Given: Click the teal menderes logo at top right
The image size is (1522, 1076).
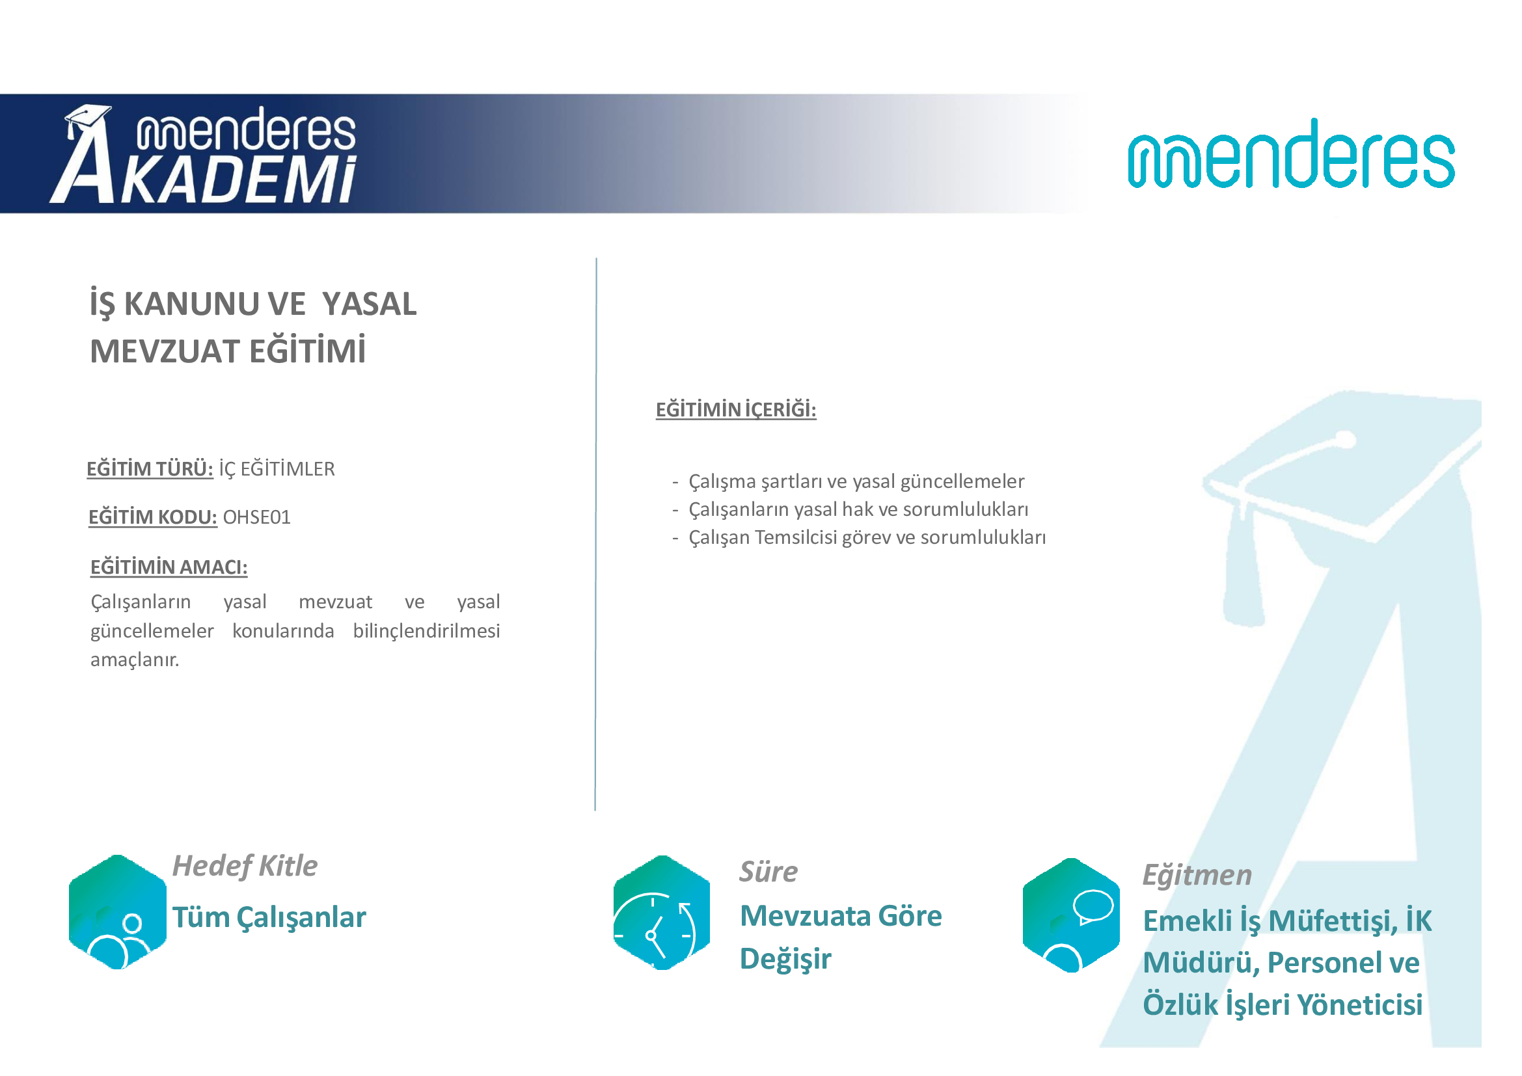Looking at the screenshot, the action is click(1290, 153).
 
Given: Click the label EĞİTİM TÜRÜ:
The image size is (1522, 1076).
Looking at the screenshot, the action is click(150, 468).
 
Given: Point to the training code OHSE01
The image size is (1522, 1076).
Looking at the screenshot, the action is click(256, 517).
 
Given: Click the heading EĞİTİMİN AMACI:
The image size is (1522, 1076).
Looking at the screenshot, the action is click(169, 567).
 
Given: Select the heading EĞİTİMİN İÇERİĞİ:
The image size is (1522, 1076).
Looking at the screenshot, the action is click(736, 409).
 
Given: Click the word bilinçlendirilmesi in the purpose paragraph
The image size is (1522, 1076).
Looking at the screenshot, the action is click(426, 631).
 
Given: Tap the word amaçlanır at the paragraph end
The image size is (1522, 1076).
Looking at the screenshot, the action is click(135, 660).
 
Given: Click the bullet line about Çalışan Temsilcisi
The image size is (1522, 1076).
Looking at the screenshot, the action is click(859, 537).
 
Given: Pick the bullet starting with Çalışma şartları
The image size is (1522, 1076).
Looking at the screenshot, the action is click(849, 481).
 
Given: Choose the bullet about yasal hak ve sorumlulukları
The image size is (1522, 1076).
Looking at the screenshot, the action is click(850, 509).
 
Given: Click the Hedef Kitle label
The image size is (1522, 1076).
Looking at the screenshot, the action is click(245, 866).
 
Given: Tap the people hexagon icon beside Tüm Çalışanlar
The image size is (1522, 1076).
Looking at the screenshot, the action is click(117, 912).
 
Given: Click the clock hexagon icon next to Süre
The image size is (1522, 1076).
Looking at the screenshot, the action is click(662, 913).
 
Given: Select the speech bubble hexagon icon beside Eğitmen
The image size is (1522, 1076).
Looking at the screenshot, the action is click(1071, 915).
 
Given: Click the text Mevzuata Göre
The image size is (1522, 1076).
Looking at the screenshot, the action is click(841, 917).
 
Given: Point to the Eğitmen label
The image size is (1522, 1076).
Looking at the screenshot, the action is click(1197, 875).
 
